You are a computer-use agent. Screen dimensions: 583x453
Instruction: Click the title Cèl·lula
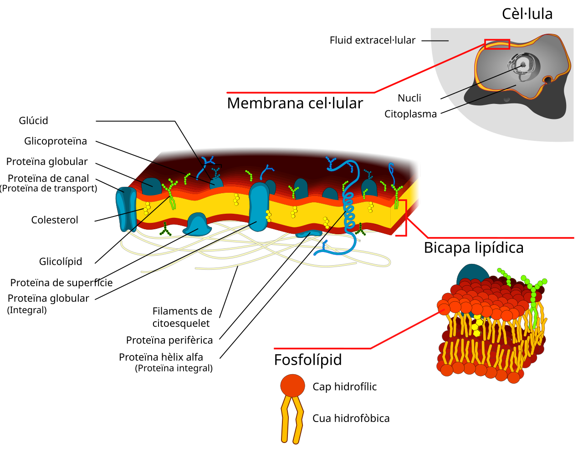point(527,14)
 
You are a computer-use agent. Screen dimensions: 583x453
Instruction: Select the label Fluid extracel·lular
point(373,40)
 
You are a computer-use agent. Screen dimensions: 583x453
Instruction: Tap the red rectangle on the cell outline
point(497,44)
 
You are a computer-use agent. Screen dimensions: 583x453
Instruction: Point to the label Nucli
point(409,98)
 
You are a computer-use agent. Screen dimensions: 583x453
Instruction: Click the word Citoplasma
point(410,114)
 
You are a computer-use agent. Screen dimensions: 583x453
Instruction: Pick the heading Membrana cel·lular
point(295,103)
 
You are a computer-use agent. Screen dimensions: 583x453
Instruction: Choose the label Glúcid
point(33,120)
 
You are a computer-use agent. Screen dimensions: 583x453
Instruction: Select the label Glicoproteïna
point(56,141)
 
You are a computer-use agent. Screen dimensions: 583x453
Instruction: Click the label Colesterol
point(55,220)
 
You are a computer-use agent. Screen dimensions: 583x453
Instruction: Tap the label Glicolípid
point(61,262)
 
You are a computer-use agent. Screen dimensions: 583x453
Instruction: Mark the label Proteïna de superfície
point(61,283)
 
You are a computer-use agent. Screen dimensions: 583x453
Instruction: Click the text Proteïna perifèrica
point(169,340)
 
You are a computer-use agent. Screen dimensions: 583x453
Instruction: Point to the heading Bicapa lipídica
point(474,248)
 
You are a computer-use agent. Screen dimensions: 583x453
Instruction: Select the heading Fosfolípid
point(308,360)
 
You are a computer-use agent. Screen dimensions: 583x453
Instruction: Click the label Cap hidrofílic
point(344,387)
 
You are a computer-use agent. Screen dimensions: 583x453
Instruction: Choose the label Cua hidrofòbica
point(351,418)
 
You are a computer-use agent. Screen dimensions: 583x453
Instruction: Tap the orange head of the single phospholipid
point(292,386)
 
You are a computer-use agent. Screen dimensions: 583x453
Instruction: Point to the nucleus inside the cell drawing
point(523,67)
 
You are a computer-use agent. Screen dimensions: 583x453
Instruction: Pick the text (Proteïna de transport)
point(49,188)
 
